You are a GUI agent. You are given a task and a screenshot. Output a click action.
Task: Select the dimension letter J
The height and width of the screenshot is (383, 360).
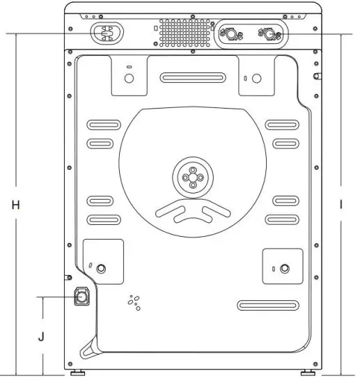tap(42, 336)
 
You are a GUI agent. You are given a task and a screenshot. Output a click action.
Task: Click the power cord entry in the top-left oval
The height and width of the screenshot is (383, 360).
tap(106, 32)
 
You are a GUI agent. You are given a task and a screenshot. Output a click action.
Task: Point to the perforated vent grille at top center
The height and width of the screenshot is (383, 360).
tap(183, 32)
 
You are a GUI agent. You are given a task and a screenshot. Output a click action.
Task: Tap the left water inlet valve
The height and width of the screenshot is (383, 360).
tap(229, 33)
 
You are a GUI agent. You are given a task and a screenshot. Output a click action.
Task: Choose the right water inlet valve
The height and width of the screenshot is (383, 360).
tap(265, 33)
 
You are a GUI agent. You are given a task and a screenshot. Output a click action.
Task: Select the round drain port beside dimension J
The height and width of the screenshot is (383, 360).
tap(82, 297)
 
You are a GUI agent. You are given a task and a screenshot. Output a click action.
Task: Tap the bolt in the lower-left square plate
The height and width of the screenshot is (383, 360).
tap(102, 268)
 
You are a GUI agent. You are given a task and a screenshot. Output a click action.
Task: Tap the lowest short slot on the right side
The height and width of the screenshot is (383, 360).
tap(285, 219)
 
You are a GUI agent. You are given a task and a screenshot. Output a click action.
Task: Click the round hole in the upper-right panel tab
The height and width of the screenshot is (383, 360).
tap(255, 77)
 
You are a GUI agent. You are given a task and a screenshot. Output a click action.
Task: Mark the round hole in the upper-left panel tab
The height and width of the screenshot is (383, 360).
tap(128, 77)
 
